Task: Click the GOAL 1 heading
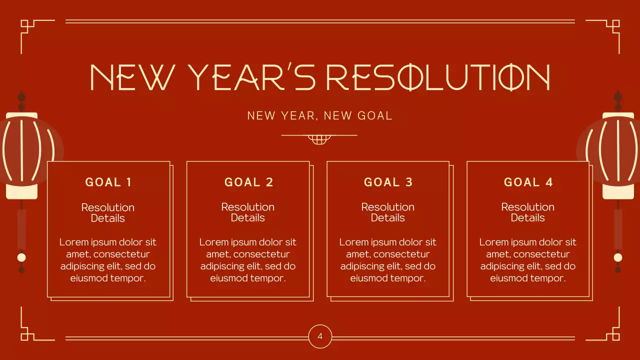pyautogui.click(x=108, y=182)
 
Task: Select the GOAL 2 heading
pyautogui.click(x=248, y=182)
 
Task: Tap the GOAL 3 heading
pyautogui.click(x=388, y=182)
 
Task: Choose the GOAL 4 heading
pyautogui.click(x=528, y=182)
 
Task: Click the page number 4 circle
pyautogui.click(x=320, y=336)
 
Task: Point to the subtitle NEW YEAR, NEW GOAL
pyautogui.click(x=319, y=116)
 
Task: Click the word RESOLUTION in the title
pyautogui.click(x=438, y=77)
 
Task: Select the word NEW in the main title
pyautogui.click(x=132, y=77)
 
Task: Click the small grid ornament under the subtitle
pyautogui.click(x=319, y=139)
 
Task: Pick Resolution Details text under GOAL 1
pyautogui.click(x=108, y=212)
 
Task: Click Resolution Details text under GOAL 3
pyautogui.click(x=388, y=212)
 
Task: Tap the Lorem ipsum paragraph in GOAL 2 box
pyautogui.click(x=248, y=260)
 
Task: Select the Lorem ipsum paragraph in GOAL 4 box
pyautogui.click(x=528, y=260)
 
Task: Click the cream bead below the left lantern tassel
pyautogui.click(x=21, y=257)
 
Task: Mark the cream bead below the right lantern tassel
pyautogui.click(x=618, y=257)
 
